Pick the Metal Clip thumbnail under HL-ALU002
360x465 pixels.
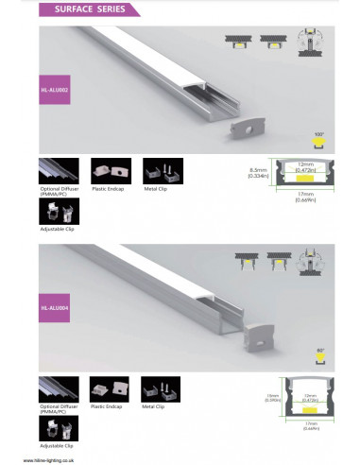coord(156,171)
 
